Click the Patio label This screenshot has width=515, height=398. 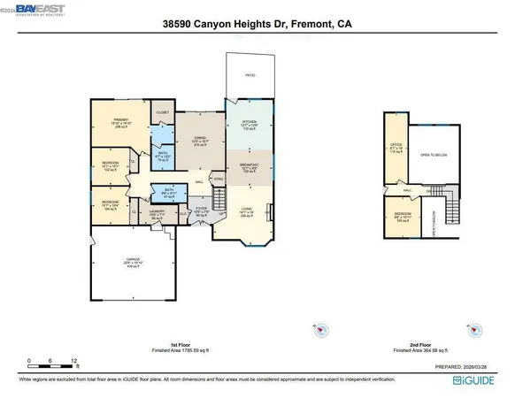250,75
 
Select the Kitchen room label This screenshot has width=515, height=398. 249,124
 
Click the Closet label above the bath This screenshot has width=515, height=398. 163,113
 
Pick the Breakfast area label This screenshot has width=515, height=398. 250,168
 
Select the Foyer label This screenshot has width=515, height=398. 202,210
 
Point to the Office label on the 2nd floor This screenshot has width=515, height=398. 396,147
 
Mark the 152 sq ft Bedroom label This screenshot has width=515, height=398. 111,167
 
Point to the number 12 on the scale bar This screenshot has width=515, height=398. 74,361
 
